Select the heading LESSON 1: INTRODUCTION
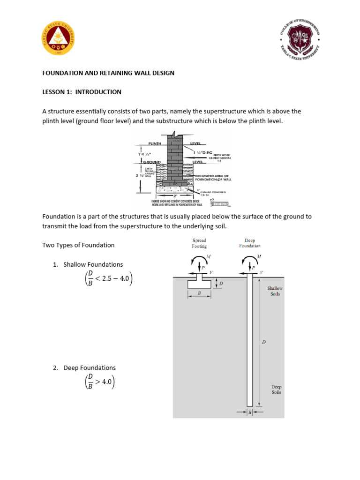[82, 92]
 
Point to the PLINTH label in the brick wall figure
[155, 143]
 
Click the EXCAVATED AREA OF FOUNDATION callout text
[213, 177]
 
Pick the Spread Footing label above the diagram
[199, 243]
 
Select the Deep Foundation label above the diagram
[249, 243]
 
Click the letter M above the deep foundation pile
[259, 257]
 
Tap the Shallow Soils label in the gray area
[275, 291]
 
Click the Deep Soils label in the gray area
[277, 390]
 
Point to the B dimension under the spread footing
[199, 292]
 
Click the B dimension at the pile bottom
[250, 412]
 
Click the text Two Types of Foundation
[78, 245]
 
